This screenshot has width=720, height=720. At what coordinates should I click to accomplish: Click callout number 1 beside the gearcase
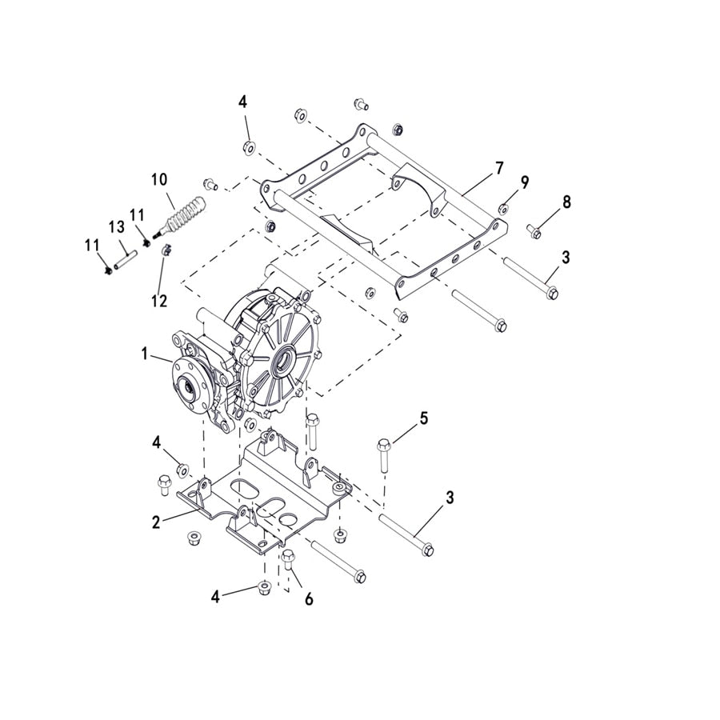(146, 353)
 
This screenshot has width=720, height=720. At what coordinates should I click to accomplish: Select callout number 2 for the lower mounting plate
(157, 522)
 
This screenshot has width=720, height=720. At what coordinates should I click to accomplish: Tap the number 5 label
(424, 418)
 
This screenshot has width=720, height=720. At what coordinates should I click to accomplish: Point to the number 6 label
(309, 598)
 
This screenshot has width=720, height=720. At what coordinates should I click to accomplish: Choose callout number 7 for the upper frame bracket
(499, 168)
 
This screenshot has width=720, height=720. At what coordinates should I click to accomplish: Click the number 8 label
(566, 202)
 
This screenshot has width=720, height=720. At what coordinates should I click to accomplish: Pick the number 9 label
(525, 182)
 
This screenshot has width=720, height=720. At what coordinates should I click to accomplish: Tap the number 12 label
(159, 301)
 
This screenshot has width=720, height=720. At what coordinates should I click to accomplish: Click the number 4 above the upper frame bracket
(242, 102)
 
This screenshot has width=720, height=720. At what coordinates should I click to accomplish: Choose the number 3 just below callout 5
(450, 497)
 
